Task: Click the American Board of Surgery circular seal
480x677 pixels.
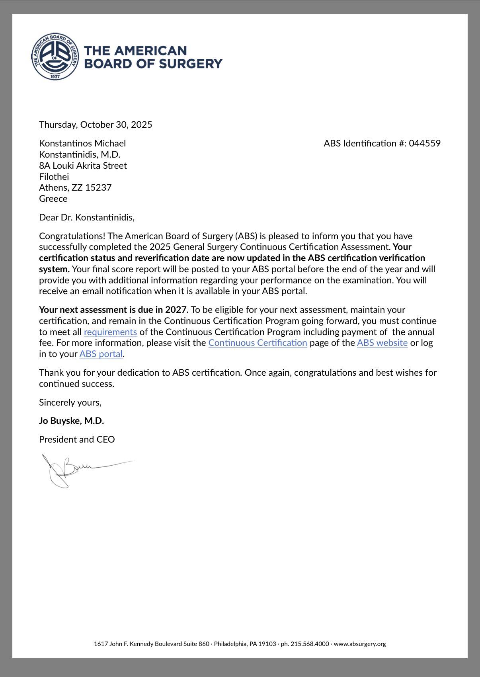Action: click(x=56, y=56)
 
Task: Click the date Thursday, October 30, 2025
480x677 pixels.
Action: click(x=96, y=125)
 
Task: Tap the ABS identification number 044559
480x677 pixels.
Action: click(x=425, y=143)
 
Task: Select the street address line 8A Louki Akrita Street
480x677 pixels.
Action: click(x=83, y=166)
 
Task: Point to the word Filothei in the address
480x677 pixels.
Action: click(x=54, y=177)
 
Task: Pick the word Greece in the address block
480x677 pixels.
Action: click(x=53, y=199)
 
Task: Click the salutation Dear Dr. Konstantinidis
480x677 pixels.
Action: click(x=87, y=217)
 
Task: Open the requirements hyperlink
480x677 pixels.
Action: click(x=110, y=332)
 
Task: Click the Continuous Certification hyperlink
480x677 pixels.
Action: click(x=258, y=343)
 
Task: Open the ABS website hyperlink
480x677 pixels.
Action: click(x=382, y=343)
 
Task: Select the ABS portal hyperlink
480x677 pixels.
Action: click(x=101, y=354)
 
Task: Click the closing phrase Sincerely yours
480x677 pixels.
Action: click(x=70, y=402)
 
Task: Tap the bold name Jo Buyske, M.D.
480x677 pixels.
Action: click(x=71, y=421)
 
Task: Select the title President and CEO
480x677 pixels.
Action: click(x=77, y=439)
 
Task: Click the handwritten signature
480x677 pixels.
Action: click(x=80, y=470)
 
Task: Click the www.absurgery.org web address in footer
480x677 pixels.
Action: click(x=360, y=644)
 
